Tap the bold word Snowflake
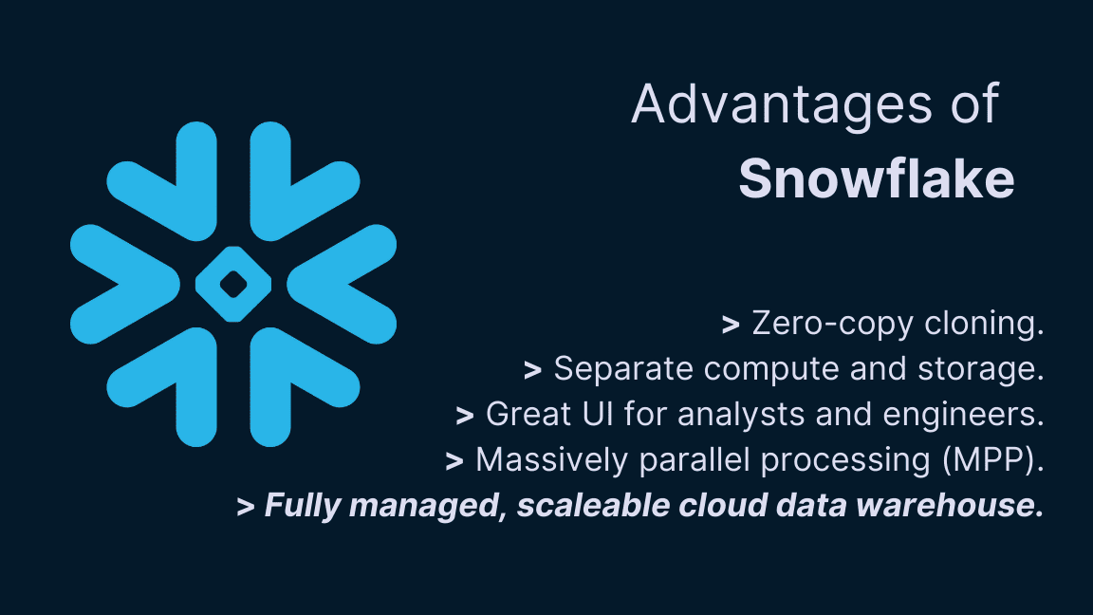876,178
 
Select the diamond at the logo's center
233,283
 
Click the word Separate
608,369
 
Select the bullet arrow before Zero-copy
731,325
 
